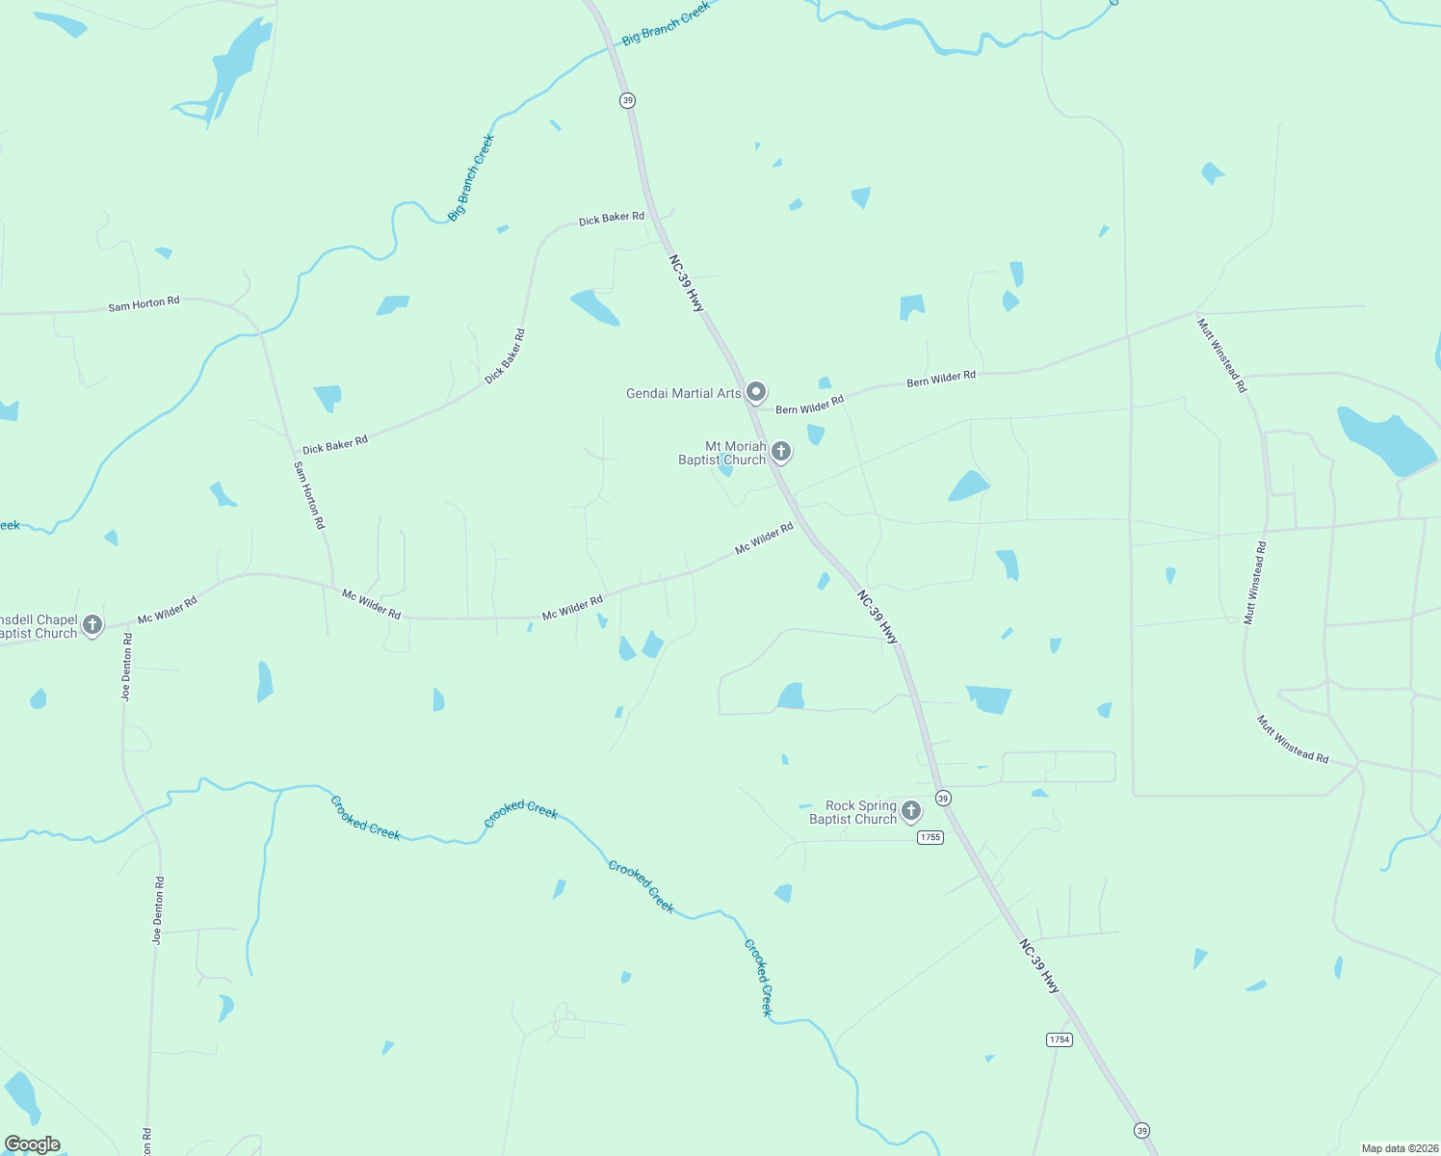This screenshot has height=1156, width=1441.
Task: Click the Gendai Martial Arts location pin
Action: [x=756, y=391]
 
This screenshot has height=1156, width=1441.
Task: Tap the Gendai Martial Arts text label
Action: [x=683, y=393]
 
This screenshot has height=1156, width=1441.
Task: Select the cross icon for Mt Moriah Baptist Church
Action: [x=781, y=451]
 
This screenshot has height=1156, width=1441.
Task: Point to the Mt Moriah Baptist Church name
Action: [x=722, y=453]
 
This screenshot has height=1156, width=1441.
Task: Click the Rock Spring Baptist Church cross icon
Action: [x=910, y=811]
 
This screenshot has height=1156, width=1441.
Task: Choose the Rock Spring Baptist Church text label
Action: [x=852, y=812]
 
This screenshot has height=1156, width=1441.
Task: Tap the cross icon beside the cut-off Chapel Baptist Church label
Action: [x=92, y=624]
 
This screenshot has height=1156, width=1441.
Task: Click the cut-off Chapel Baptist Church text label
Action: [x=38, y=626]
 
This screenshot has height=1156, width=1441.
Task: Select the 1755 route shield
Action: [x=930, y=837]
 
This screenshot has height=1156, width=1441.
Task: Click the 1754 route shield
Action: [x=1059, y=1039]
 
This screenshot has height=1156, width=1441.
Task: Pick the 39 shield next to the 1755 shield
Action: [x=943, y=798]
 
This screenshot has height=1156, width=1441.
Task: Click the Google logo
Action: [x=33, y=1143]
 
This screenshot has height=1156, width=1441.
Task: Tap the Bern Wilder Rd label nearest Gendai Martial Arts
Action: [x=809, y=405]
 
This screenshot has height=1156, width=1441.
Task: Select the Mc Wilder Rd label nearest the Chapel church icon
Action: [x=167, y=609]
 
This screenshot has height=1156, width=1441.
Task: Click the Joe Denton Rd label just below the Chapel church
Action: [x=126, y=667]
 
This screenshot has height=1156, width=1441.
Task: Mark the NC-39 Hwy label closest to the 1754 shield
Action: [x=1039, y=966]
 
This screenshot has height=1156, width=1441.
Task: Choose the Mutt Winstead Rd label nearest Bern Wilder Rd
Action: [x=1221, y=355]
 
